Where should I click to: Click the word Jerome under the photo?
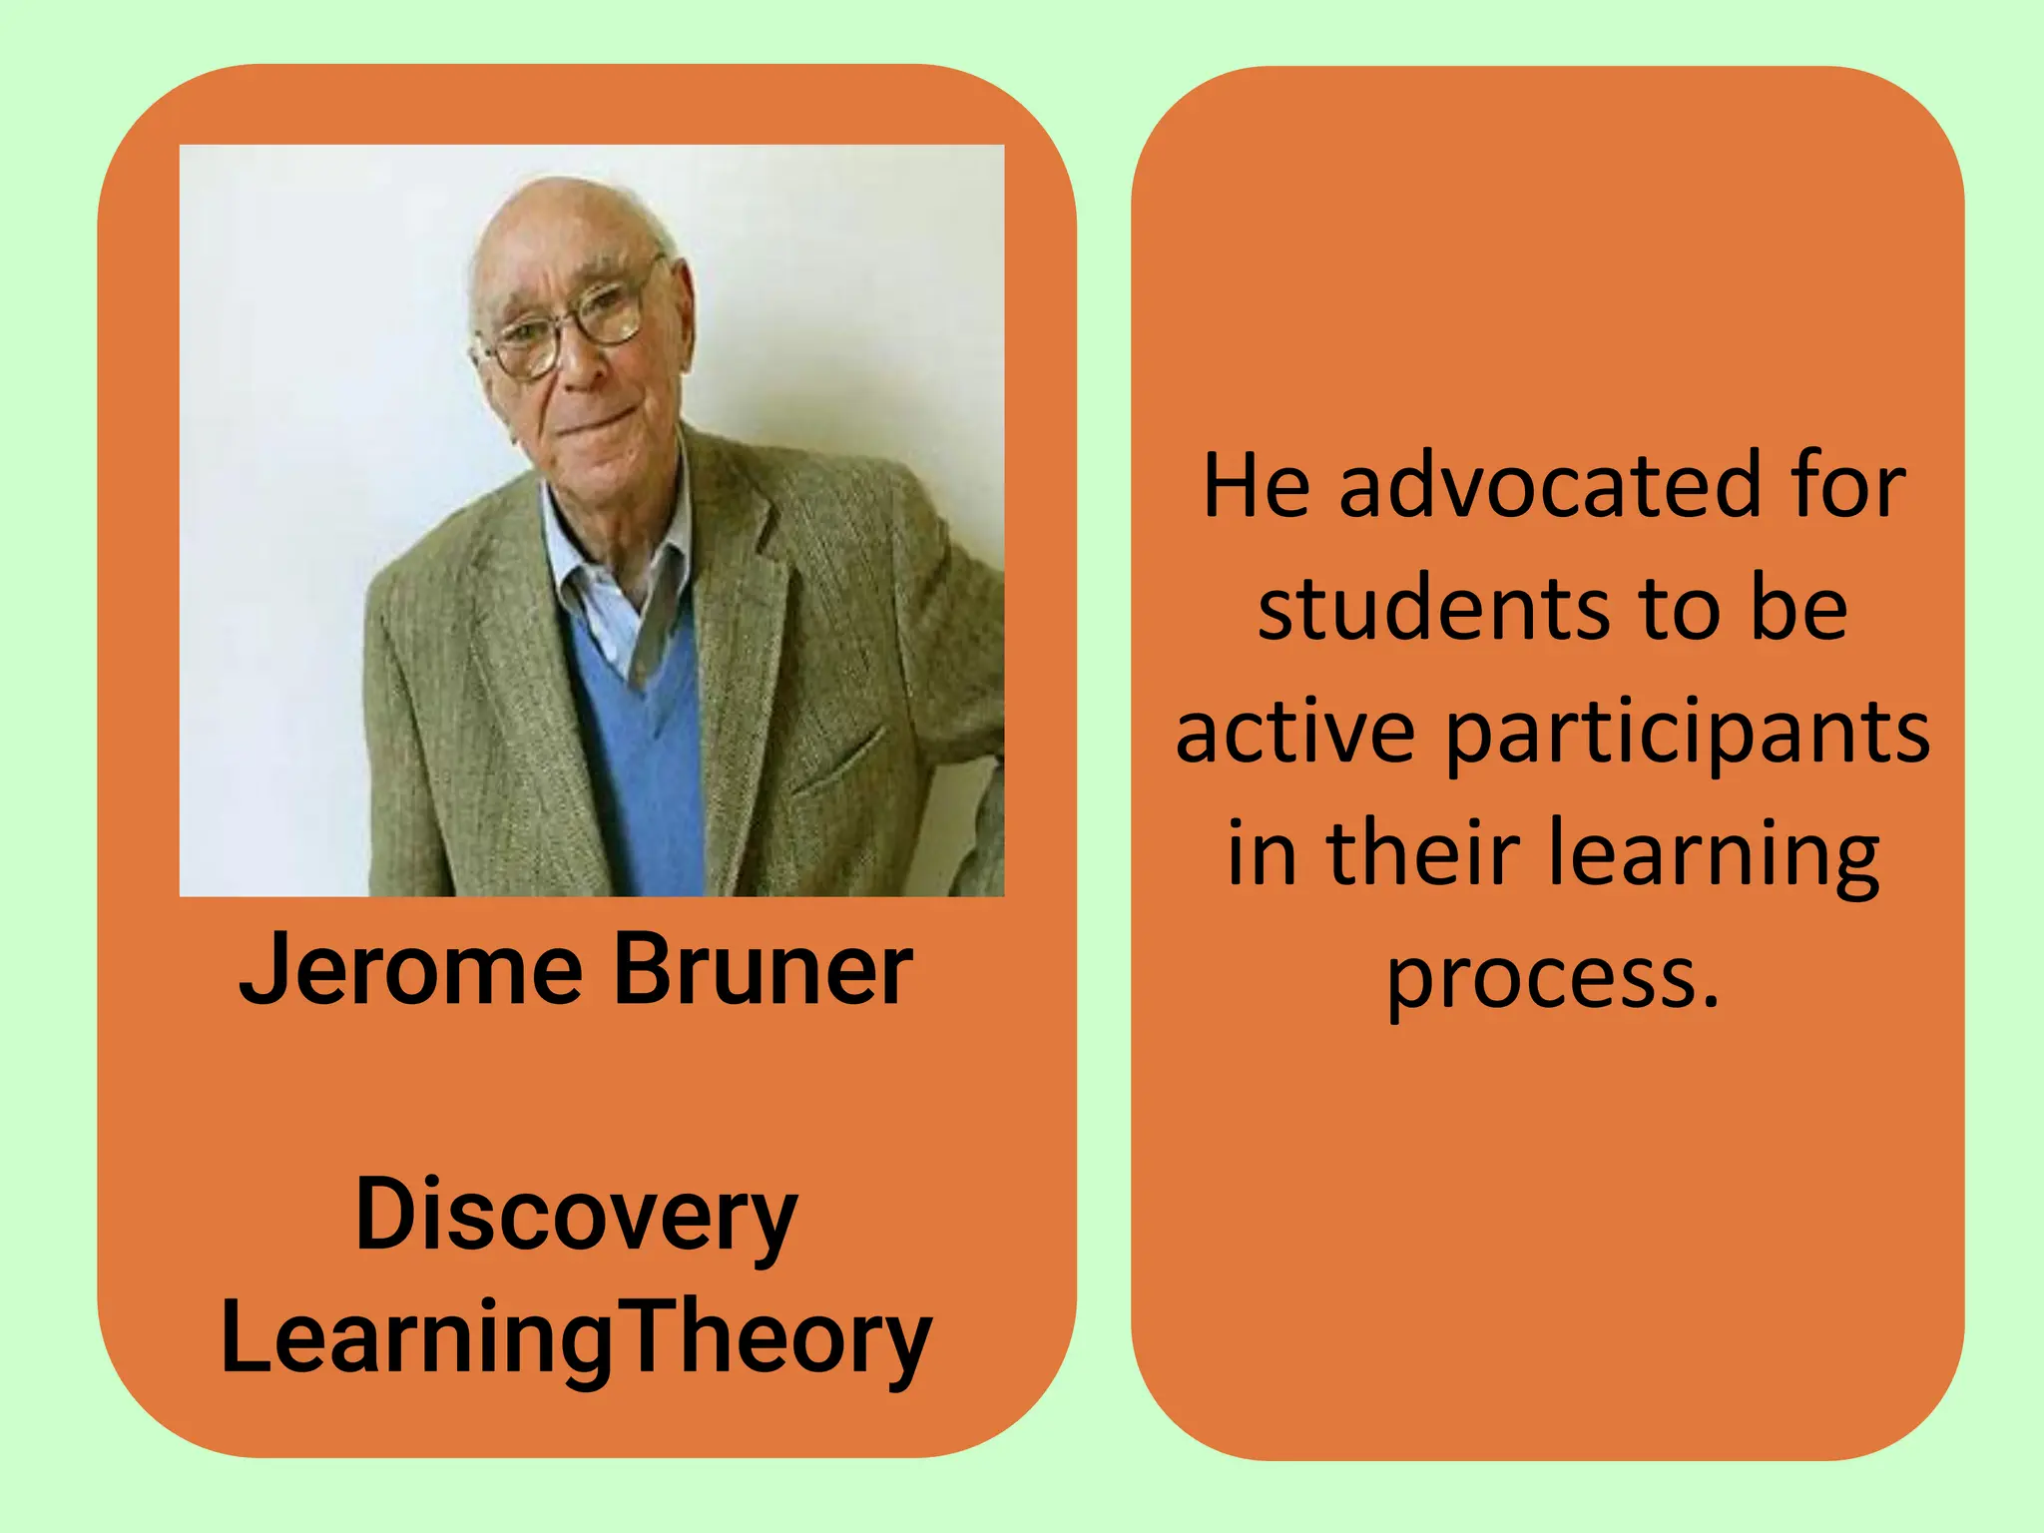tap(410, 970)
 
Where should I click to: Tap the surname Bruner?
tap(763, 970)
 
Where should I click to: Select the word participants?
tap(1687, 734)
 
